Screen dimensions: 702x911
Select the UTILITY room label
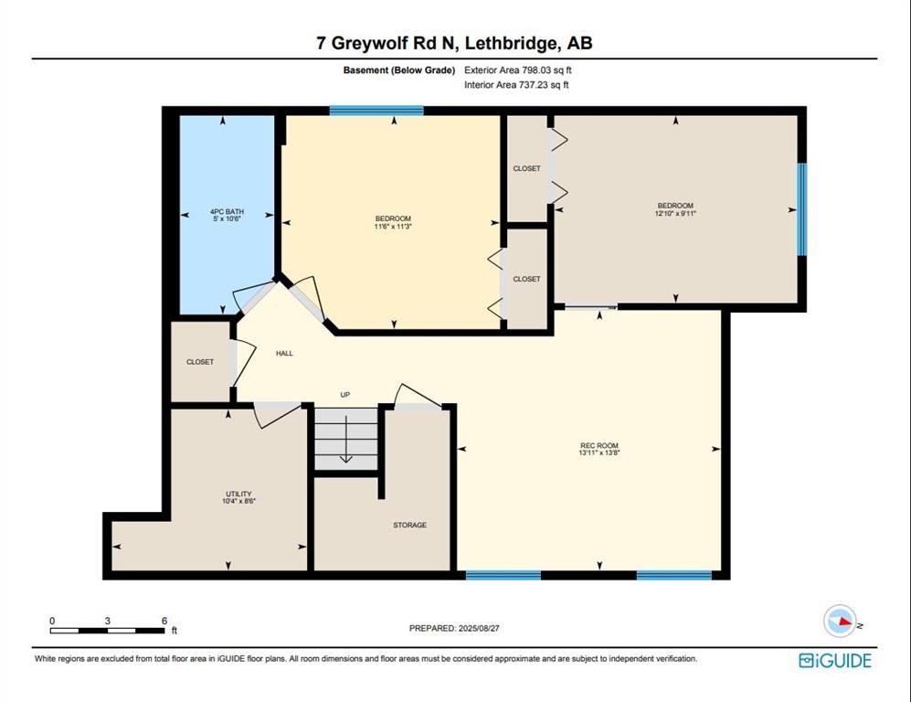(238, 494)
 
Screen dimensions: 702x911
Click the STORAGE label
(409, 525)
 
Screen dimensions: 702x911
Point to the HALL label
(284, 353)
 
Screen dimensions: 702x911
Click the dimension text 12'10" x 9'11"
(675, 213)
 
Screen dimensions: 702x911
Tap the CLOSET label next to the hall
(199, 362)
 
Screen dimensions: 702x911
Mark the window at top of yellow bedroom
(376, 111)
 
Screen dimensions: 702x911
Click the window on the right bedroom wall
(801, 209)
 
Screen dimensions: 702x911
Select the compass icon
(839, 621)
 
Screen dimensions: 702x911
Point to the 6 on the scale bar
(164, 621)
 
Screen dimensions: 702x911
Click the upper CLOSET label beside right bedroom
(526, 168)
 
